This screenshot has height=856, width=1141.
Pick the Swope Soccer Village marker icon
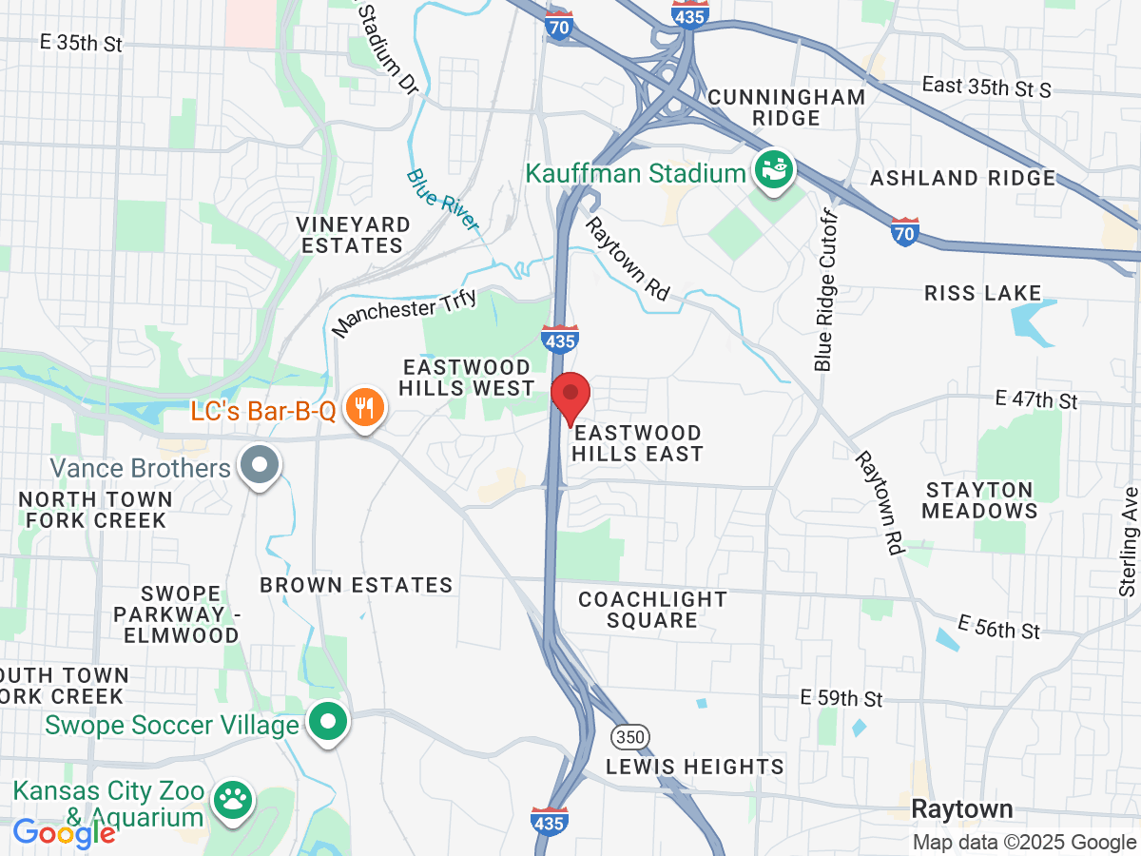click(328, 724)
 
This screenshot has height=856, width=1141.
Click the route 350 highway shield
click(627, 735)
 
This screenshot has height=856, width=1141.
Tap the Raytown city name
click(962, 809)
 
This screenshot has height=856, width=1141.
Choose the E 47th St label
click(1035, 399)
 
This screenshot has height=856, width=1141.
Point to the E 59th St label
click(841, 698)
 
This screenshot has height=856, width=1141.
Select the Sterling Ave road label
click(1129, 542)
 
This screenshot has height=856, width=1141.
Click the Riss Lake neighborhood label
click(982, 293)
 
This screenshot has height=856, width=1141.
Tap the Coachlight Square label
click(652, 610)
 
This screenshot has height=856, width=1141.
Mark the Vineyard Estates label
click(353, 235)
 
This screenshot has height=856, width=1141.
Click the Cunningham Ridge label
click(786, 107)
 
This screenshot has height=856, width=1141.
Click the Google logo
click(64, 833)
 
